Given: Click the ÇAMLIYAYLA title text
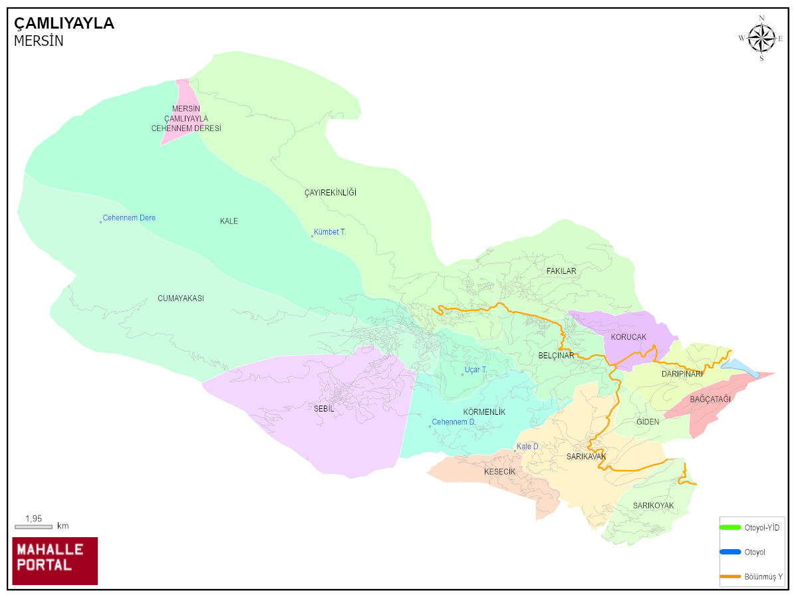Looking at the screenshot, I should tap(64, 23).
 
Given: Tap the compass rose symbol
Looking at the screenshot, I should tap(761, 38).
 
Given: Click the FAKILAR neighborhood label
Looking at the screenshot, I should tap(561, 271).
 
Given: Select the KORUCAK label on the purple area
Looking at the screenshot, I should tap(628, 337).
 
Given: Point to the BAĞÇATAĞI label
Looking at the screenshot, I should tap(710, 399).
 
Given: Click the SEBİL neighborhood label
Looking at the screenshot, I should tap(324, 409).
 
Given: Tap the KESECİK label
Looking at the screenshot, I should tap(499, 471).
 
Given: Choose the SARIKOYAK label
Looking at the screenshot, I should tap(653, 506).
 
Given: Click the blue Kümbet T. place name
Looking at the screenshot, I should tap(329, 232).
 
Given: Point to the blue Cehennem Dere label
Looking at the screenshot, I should tap(128, 218).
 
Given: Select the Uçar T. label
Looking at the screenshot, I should tap(475, 370).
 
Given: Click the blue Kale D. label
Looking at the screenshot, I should tap(527, 447).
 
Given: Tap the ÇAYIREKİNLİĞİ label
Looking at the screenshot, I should tap(331, 193).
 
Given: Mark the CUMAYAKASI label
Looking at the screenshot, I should tap(181, 298).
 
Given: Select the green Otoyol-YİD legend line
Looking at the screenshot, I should tap(730, 527).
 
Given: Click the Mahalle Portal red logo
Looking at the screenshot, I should tap(55, 560).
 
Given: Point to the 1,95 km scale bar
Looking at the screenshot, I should tap(33, 527).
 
